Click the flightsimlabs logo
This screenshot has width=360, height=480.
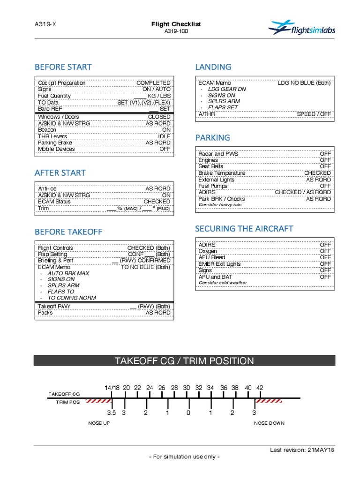301,29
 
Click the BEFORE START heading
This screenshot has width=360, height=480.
63,67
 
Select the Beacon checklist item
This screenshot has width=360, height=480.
47,130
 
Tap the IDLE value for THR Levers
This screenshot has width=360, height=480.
164,136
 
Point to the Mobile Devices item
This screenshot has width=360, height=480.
56,149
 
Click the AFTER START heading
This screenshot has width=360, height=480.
60,173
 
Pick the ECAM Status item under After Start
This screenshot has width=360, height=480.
54,202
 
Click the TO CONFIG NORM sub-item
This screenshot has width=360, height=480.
72,298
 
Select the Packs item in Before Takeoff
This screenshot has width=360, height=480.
45,312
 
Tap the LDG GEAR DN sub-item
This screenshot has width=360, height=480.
226,89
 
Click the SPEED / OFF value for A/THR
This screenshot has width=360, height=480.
314,114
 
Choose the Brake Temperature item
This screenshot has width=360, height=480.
222,173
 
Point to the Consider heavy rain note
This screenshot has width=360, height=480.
220,205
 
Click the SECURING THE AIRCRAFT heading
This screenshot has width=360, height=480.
244,229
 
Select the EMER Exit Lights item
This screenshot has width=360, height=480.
219,264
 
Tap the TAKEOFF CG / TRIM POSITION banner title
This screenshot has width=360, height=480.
184,361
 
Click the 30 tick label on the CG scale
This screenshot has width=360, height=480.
187,388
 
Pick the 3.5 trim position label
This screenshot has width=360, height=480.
111,413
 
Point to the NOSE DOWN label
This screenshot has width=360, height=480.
269,423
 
